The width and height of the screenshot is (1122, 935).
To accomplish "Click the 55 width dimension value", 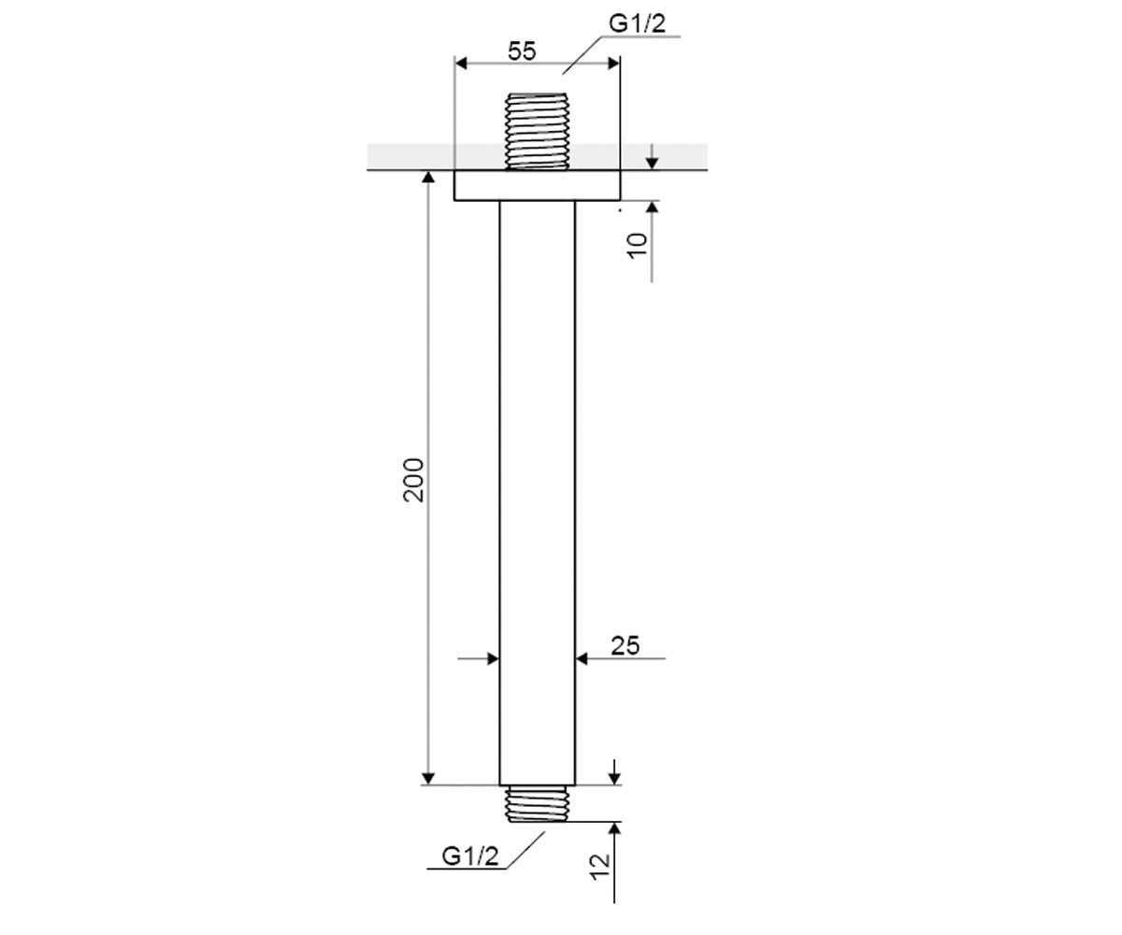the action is point(522,51).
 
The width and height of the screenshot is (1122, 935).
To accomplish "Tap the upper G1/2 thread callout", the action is point(637,23).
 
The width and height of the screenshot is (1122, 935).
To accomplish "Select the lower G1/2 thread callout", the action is point(470,856).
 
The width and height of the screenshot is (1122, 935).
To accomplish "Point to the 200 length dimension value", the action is point(413,480).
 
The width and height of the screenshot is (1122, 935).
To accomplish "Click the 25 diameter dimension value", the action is point(625,645).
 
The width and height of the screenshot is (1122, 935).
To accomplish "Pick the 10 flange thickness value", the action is point(638,246).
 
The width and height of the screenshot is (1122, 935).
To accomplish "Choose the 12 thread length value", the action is point(600,867).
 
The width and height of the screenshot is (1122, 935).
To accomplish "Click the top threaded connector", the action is point(538,132).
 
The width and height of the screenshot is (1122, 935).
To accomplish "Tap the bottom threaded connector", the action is point(538,803).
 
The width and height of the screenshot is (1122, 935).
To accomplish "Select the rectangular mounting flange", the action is point(538,185).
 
